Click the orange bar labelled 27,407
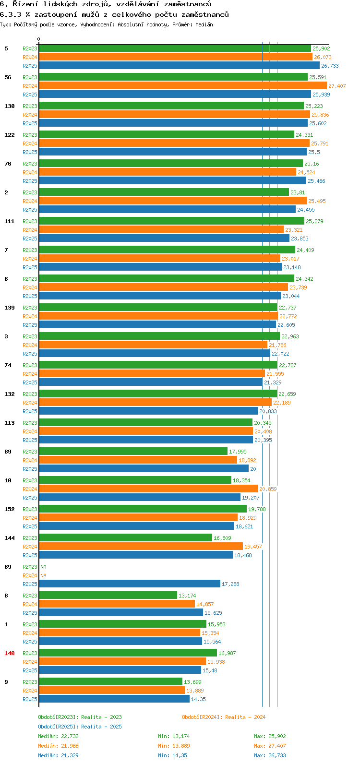coord(182,86)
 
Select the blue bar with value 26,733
coord(179,66)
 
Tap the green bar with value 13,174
coord(108,596)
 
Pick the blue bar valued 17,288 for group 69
coord(130,584)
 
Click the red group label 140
coord(10,653)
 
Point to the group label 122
coord(10,135)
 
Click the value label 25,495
coord(317,201)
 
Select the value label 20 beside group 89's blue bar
coord(253,469)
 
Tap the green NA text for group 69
coord(43,567)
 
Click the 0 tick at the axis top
coord(39,39)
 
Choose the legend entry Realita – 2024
coord(224,717)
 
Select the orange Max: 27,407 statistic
coord(270,746)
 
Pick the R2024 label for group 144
coord(30,547)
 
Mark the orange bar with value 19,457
coord(141,547)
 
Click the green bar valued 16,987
coord(128,653)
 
